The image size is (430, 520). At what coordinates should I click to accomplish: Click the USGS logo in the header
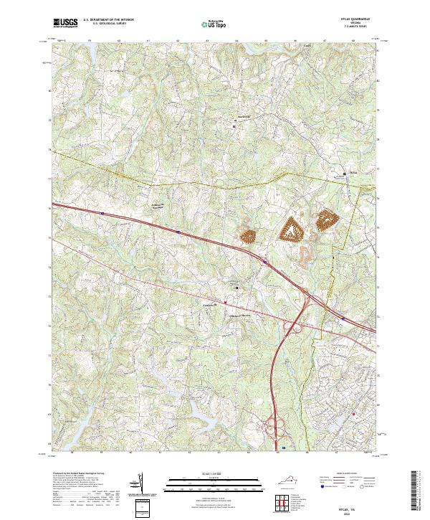(64, 23)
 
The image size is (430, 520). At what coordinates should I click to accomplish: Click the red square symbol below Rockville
(234, 127)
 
